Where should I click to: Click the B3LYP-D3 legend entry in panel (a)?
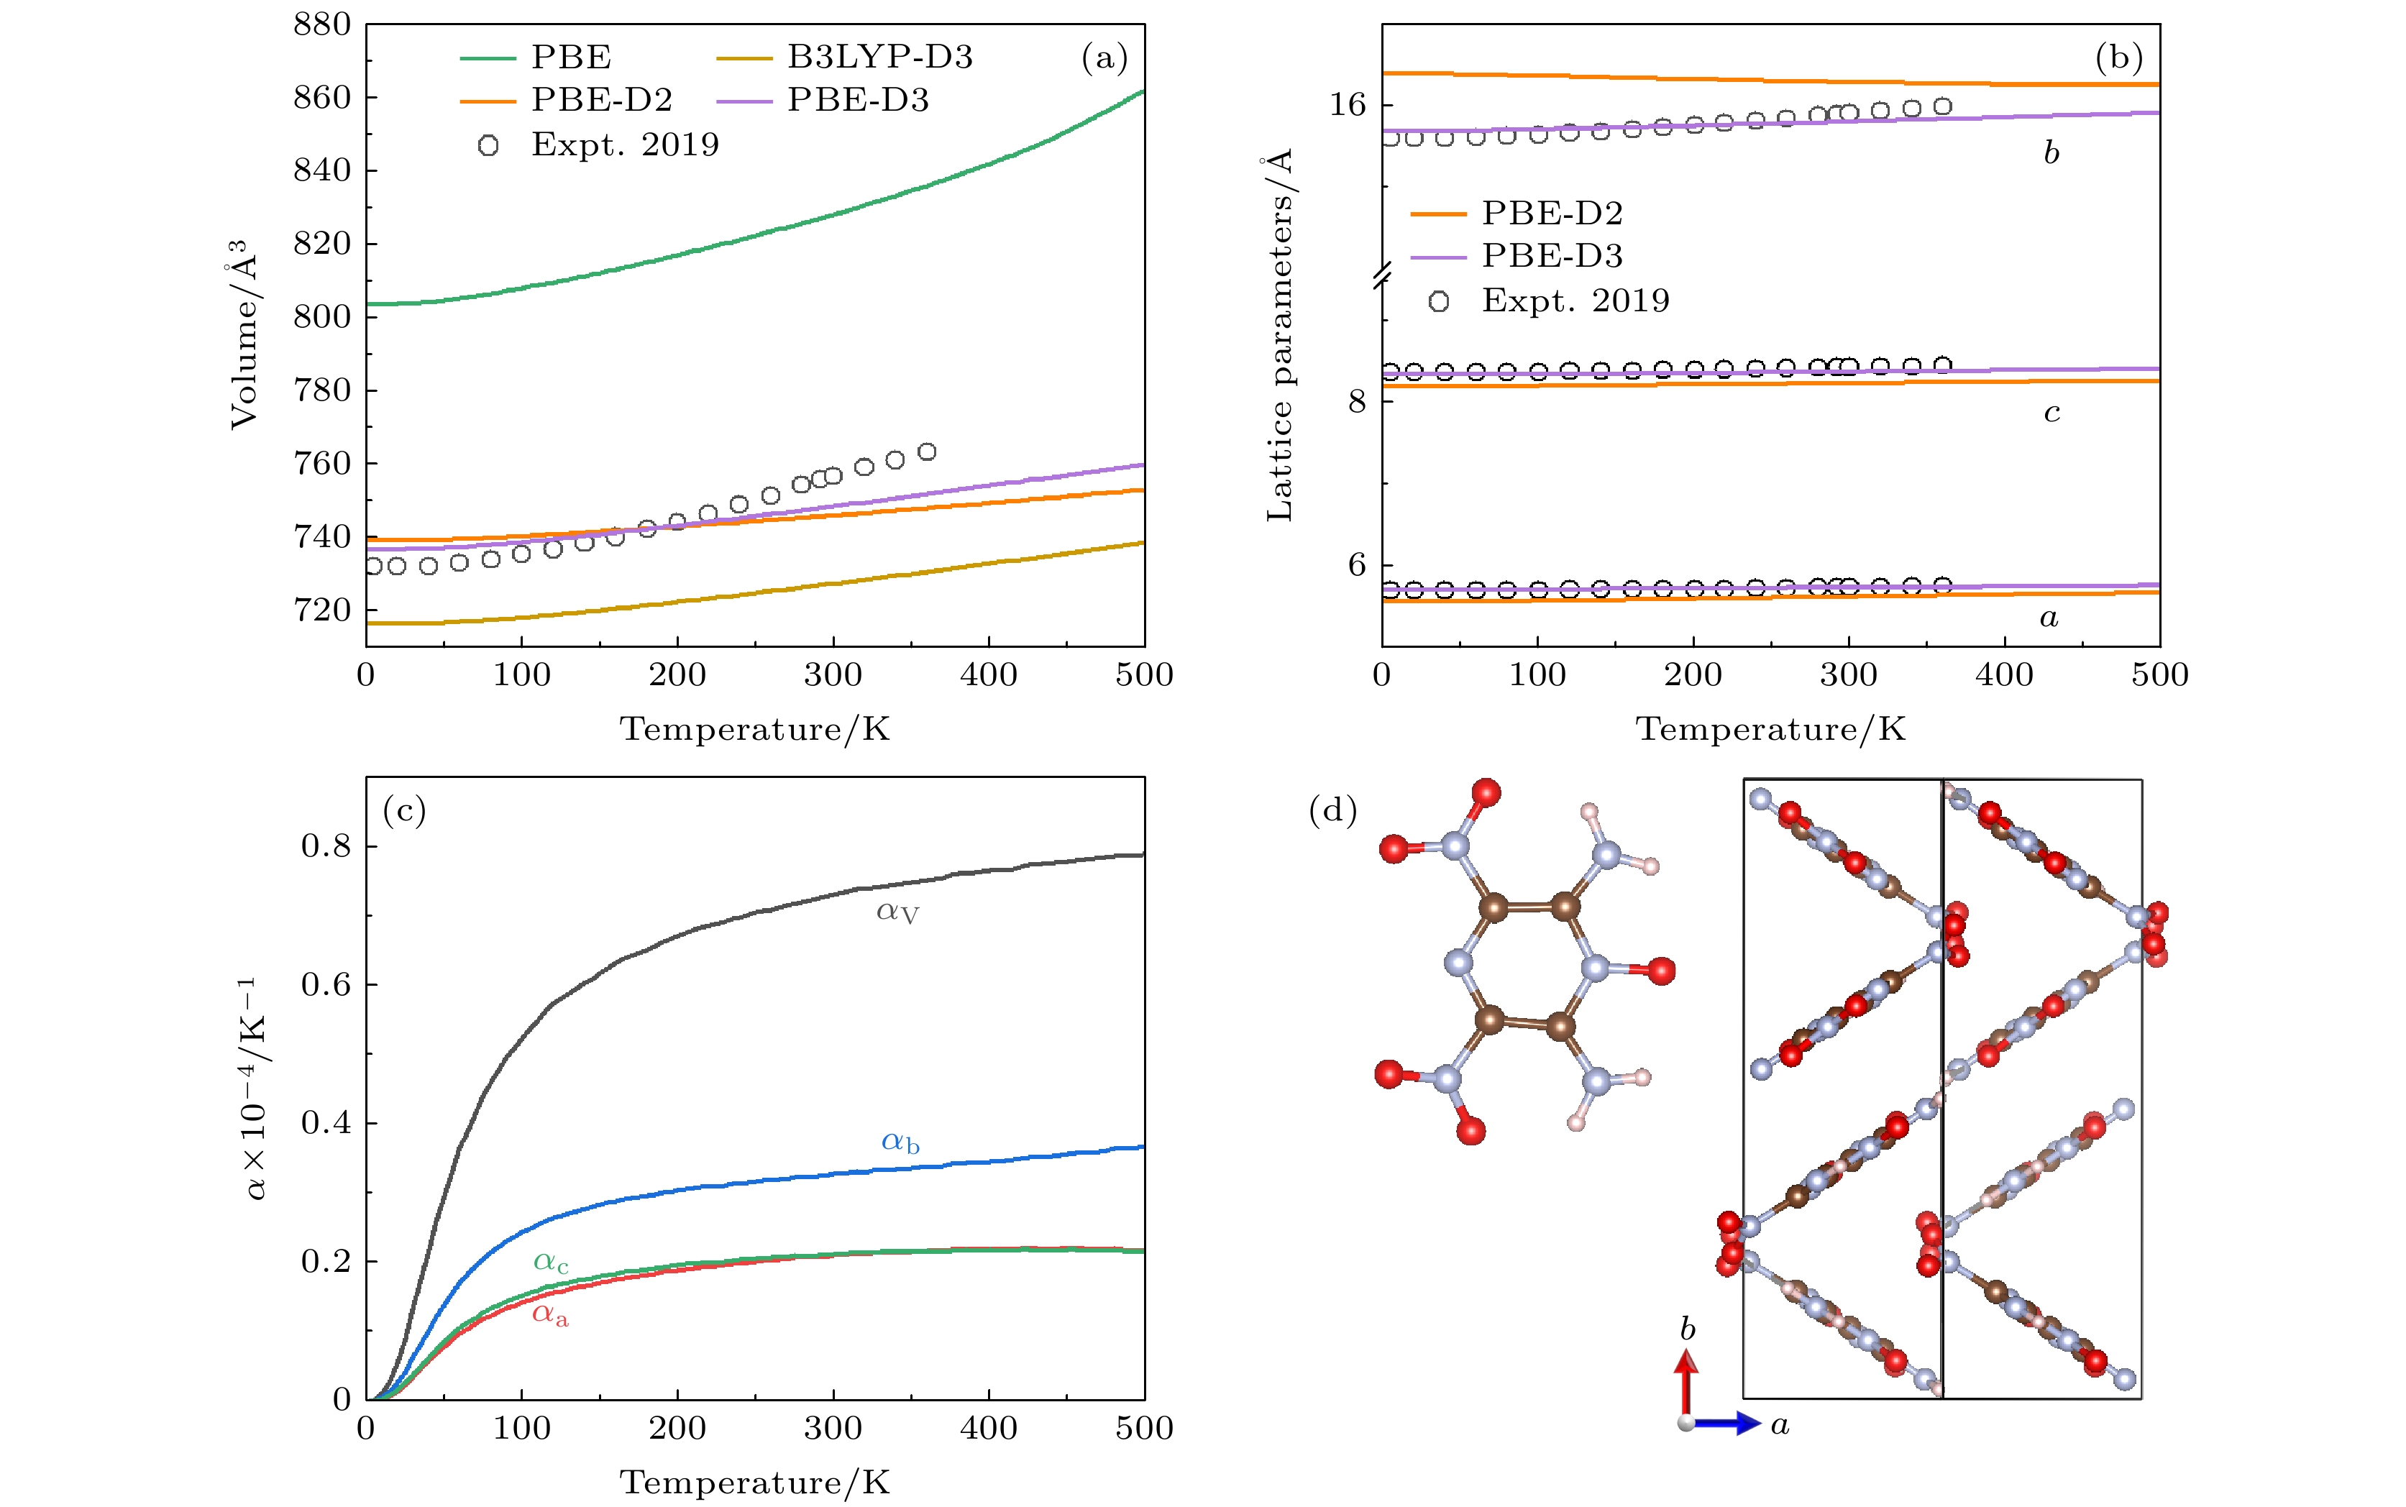click(x=879, y=57)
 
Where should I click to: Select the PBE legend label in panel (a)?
click(x=571, y=57)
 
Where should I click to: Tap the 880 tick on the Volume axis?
click(x=322, y=25)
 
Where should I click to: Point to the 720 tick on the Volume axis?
click(x=322, y=610)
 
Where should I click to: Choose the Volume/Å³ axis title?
click(x=244, y=334)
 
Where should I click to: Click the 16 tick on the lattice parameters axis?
click(x=1348, y=106)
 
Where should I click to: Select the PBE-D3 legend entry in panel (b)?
click(x=1552, y=256)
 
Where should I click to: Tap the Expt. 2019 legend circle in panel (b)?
click(x=1438, y=301)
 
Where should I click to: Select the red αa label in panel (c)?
click(x=550, y=1316)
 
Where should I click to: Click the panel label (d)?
click(x=1332, y=810)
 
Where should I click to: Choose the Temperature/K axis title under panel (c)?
click(x=754, y=1482)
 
